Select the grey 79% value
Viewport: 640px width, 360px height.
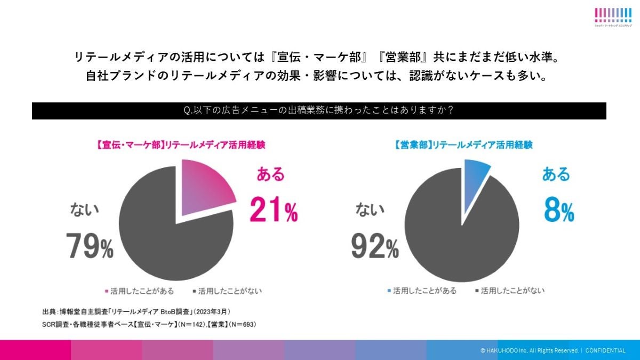pyautogui.click(x=90, y=246)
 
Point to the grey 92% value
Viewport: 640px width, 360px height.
pyautogui.click(x=375, y=246)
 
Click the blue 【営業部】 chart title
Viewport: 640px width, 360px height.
pyautogui.click(x=463, y=145)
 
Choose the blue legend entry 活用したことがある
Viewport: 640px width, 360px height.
pyautogui.click(x=421, y=291)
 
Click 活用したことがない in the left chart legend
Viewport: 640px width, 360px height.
pyautogui.click(x=227, y=291)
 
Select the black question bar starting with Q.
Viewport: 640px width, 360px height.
pyautogui.click(x=319, y=110)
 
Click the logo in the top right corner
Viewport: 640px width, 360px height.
pyautogui.click(x=613, y=17)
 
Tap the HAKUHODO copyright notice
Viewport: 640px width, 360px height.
pyautogui.click(x=553, y=350)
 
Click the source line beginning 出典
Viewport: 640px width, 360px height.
pyautogui.click(x=136, y=311)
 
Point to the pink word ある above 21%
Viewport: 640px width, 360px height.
pyautogui.click(x=270, y=174)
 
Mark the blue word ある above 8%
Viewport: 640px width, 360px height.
pyautogui.click(x=556, y=174)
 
